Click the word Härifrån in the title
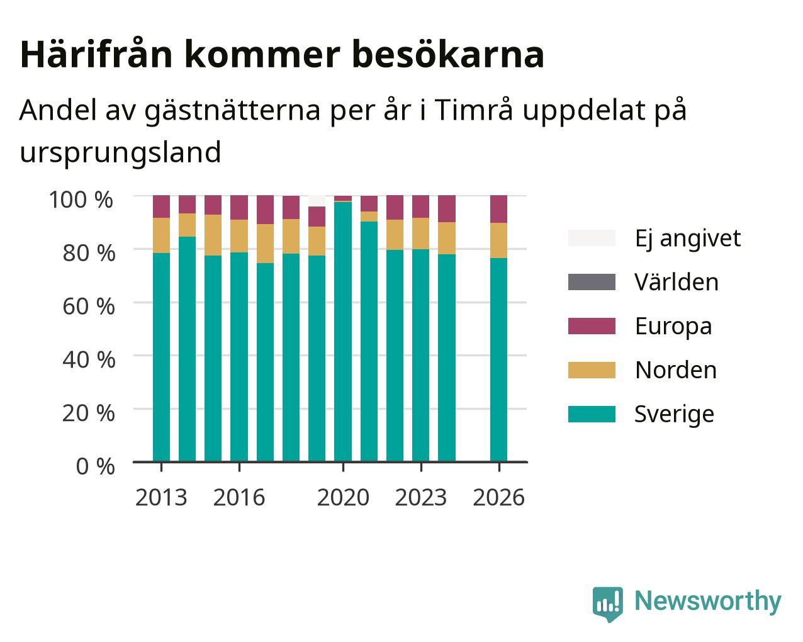[96, 55]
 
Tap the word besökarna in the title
[448, 55]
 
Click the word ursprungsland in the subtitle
[121, 152]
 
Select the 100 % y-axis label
[81, 200]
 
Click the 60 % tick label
[89, 307]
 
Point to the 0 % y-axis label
[95, 466]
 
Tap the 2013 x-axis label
[161, 497]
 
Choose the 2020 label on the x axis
[344, 497]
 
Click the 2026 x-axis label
[499, 497]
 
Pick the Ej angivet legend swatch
[592, 238]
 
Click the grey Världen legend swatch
[592, 282]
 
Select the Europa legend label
[673, 327]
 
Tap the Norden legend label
[676, 370]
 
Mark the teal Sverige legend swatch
[592, 414]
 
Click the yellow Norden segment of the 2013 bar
[161, 235]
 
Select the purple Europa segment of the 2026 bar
[498, 209]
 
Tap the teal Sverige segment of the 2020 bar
[343, 332]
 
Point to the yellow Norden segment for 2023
[420, 234]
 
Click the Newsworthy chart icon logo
[608, 604]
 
